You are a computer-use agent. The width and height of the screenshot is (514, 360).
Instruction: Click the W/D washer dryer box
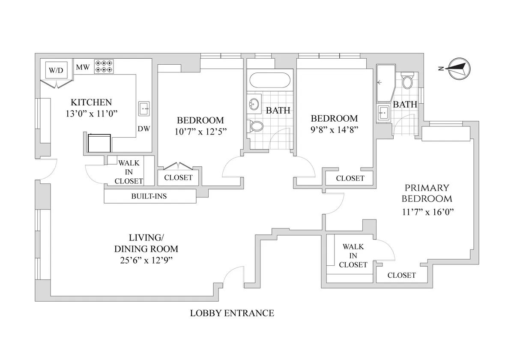55,70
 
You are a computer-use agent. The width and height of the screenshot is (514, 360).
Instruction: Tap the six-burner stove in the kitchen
104,66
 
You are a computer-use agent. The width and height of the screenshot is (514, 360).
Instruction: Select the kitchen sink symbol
143,109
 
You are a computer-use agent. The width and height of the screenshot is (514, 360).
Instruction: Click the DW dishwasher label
143,129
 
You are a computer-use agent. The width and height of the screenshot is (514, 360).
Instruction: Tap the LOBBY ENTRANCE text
232,313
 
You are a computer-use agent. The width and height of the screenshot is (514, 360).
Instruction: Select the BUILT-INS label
149,197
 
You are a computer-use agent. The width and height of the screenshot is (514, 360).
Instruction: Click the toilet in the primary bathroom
407,81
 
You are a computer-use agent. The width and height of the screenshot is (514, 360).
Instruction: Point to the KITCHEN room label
91,102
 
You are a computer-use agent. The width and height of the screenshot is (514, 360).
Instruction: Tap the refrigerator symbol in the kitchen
99,142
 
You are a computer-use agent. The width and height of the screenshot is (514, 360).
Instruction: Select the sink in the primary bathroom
383,114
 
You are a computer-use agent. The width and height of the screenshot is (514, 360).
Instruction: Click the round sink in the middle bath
254,103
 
